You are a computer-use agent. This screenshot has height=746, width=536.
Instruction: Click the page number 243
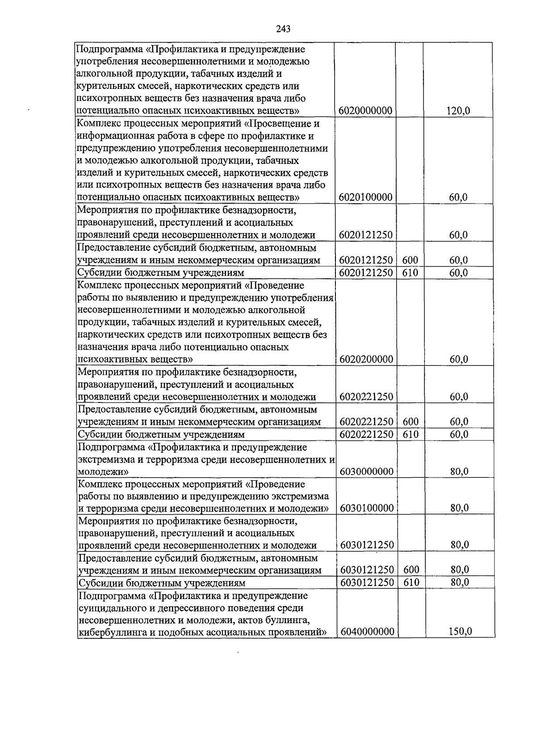click(x=283, y=29)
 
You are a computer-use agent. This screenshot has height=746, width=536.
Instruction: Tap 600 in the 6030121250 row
click(x=411, y=570)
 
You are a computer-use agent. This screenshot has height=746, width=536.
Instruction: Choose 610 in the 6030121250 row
click(x=411, y=582)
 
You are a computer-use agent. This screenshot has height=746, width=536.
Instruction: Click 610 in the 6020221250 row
click(x=410, y=434)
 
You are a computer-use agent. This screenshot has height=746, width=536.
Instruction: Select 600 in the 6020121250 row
click(x=410, y=260)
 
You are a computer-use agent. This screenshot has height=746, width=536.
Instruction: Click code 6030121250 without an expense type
click(x=367, y=545)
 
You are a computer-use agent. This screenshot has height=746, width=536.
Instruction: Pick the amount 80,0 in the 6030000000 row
click(x=459, y=471)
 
